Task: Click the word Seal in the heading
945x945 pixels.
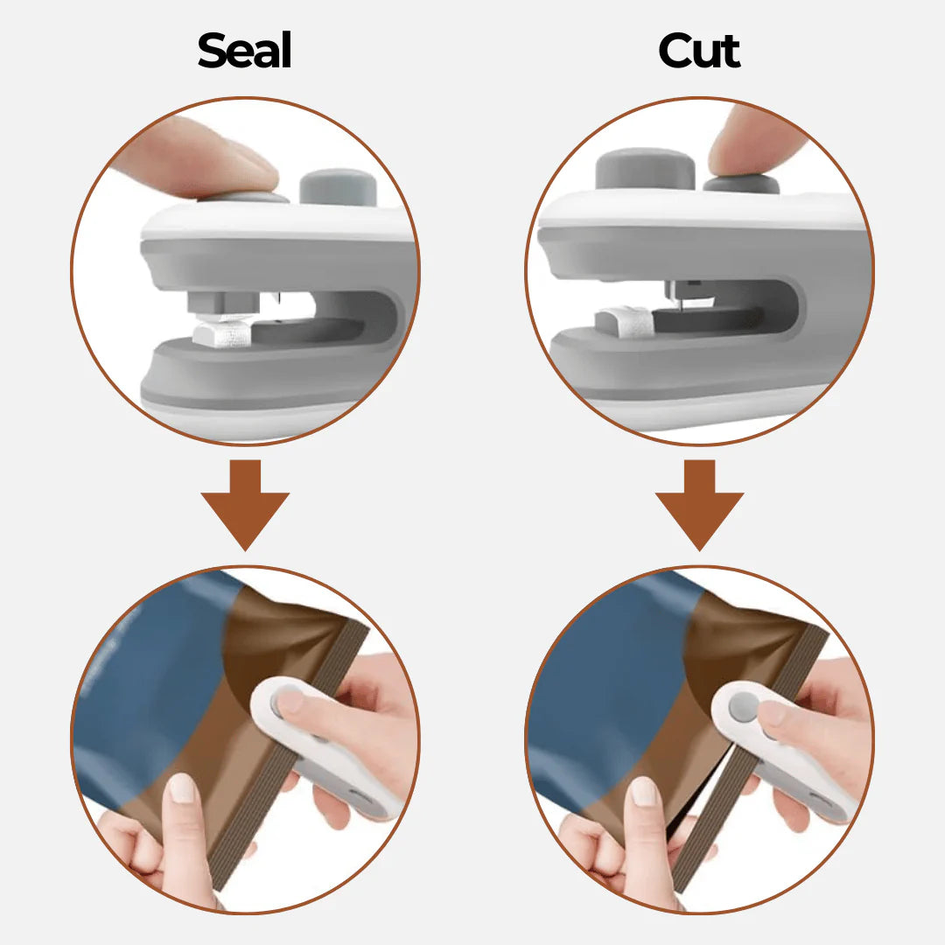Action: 244,50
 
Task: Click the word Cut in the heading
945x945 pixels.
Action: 699,51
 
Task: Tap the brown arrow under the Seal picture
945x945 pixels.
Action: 245,505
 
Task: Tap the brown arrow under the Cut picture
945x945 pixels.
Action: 700,505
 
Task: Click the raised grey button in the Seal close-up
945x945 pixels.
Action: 338,187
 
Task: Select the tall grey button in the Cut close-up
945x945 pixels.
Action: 645,170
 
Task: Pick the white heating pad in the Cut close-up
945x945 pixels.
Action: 624,322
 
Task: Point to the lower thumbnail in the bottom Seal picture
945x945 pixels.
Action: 183,788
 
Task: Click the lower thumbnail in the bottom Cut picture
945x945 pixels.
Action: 643,791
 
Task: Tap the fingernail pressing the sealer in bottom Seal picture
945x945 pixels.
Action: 290,702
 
